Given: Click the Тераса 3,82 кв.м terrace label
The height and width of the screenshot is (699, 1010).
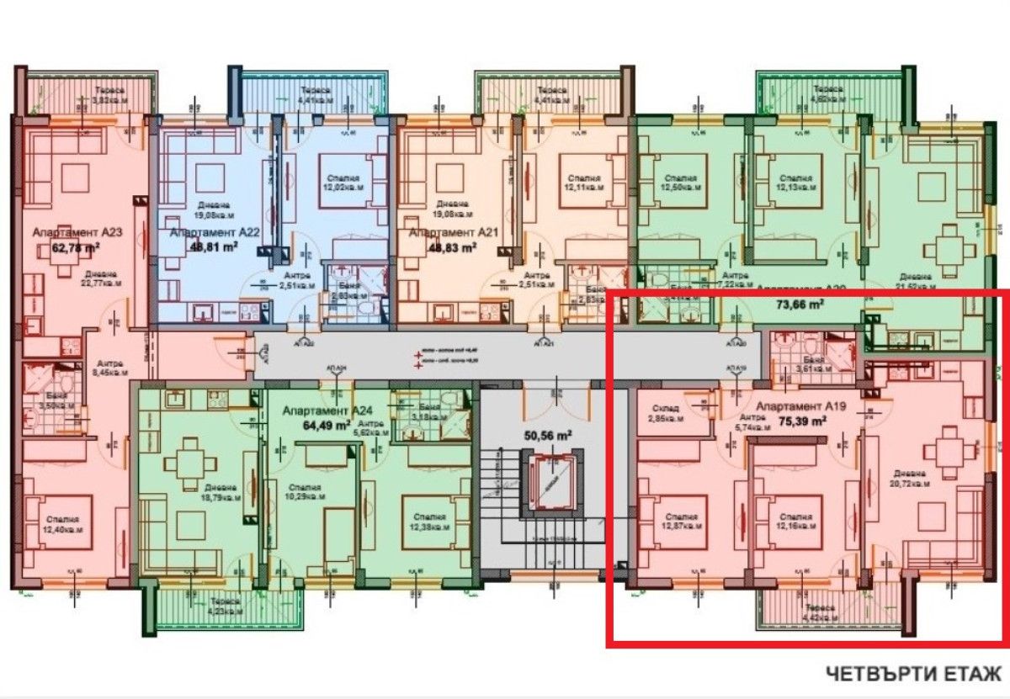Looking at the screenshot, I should [108, 94].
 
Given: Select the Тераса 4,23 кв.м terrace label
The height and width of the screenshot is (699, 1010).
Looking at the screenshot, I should [220, 606].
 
